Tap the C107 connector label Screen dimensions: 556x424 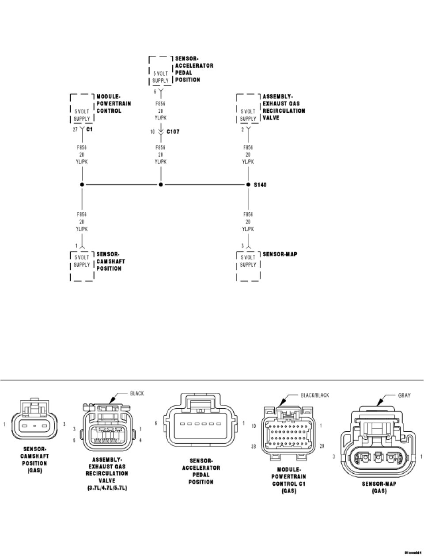coord(173,132)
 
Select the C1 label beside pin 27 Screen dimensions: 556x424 coord(89,130)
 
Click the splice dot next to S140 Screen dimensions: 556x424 coord(248,184)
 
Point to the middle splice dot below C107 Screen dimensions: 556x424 coord(161,184)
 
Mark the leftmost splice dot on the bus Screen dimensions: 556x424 coord(82,184)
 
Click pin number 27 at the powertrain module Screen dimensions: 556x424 coord(75,130)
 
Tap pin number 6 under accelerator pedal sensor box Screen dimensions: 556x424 coord(155,91)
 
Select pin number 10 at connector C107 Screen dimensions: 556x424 coord(152,132)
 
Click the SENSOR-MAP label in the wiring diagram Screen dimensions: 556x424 coord(280,254)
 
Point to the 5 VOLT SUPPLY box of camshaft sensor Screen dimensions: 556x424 coord(82,261)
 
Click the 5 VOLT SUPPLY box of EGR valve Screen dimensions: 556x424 coord(248,115)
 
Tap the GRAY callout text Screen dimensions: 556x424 coord(404,395)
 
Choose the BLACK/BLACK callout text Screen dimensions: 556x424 coord(314,395)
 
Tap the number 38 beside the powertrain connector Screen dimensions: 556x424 coord(254,447)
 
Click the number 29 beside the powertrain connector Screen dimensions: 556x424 coord(322,447)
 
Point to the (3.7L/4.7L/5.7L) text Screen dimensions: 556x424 coord(107,488)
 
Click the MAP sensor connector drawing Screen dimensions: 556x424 coord(379,447)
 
